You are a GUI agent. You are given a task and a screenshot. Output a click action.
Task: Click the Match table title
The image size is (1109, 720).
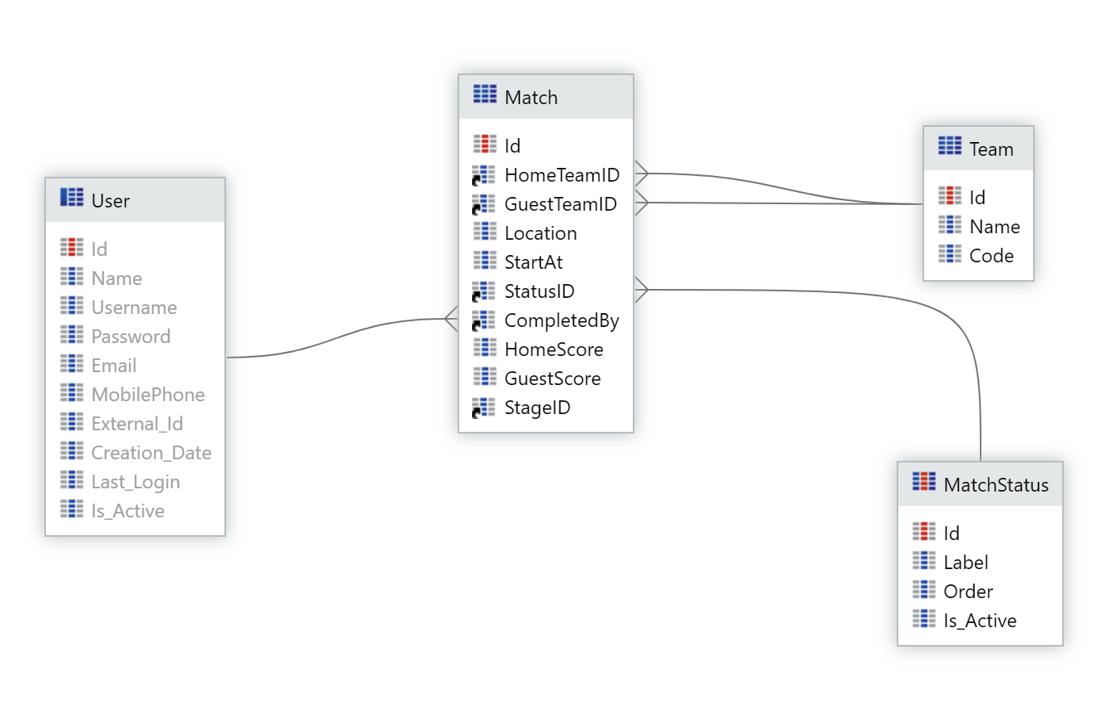[x=531, y=98]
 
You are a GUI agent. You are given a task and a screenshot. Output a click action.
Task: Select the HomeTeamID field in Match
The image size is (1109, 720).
[x=562, y=175]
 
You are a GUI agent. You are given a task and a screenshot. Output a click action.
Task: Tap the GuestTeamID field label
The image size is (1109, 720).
[x=560, y=204]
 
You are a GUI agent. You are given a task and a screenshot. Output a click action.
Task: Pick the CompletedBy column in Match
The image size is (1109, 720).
[x=562, y=320]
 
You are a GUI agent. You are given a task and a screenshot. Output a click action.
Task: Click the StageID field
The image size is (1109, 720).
[x=537, y=408]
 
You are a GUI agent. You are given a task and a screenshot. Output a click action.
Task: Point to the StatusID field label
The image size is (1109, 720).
[x=539, y=291]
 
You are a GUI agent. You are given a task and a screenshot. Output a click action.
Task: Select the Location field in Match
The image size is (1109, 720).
[x=541, y=233]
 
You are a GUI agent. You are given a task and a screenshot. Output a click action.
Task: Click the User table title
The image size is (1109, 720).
[x=111, y=201]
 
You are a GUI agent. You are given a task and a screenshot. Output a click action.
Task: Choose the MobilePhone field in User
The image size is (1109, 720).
[x=148, y=395]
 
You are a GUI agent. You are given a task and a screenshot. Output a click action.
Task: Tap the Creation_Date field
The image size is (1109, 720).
[x=151, y=453]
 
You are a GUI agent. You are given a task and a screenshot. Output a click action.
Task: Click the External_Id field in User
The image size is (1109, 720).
[x=137, y=424]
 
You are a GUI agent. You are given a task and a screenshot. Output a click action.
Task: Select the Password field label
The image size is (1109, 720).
[x=131, y=337]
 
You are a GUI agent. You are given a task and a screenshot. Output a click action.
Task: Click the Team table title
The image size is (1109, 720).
[x=991, y=149]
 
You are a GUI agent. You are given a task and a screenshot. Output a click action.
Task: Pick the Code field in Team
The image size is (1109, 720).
[x=991, y=256]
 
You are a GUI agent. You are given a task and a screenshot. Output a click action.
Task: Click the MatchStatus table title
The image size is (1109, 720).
[x=996, y=485]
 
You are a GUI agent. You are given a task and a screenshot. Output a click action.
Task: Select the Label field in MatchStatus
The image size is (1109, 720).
[x=965, y=563]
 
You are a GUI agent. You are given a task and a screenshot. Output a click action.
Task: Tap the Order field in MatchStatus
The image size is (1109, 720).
[x=968, y=592]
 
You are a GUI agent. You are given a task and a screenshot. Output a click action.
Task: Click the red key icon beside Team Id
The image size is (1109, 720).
[x=950, y=196]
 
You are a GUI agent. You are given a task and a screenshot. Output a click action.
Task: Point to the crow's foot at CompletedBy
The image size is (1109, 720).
[x=451, y=319]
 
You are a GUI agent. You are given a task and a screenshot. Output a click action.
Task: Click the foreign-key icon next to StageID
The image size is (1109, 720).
[x=483, y=408]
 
